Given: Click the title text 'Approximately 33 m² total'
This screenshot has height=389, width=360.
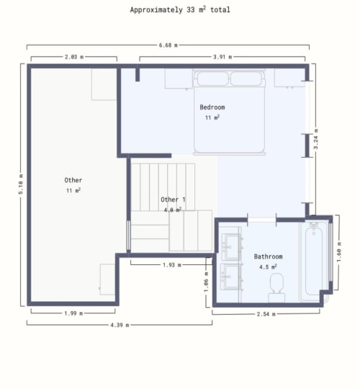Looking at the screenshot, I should [180, 10].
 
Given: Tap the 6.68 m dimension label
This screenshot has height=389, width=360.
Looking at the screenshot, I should [168, 45].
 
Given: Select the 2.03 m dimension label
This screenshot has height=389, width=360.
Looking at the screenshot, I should [73, 56].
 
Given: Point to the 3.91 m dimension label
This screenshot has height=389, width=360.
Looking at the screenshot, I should [222, 56].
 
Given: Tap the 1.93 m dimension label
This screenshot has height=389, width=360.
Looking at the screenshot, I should [170, 264].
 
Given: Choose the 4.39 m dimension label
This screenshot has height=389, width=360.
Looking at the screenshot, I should [119, 325].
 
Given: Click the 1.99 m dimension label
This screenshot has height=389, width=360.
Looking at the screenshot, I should [72, 313].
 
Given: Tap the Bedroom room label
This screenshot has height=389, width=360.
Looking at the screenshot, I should [212, 107].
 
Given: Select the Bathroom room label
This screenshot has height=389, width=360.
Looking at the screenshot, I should [268, 256].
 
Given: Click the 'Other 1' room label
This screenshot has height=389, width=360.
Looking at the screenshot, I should [173, 200].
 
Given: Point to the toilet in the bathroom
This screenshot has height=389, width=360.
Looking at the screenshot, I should [276, 292].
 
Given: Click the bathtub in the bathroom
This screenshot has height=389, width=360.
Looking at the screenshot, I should [315, 260].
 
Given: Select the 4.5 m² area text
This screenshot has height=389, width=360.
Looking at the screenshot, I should [268, 267].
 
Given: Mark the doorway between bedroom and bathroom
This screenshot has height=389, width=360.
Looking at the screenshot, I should [261, 217].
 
